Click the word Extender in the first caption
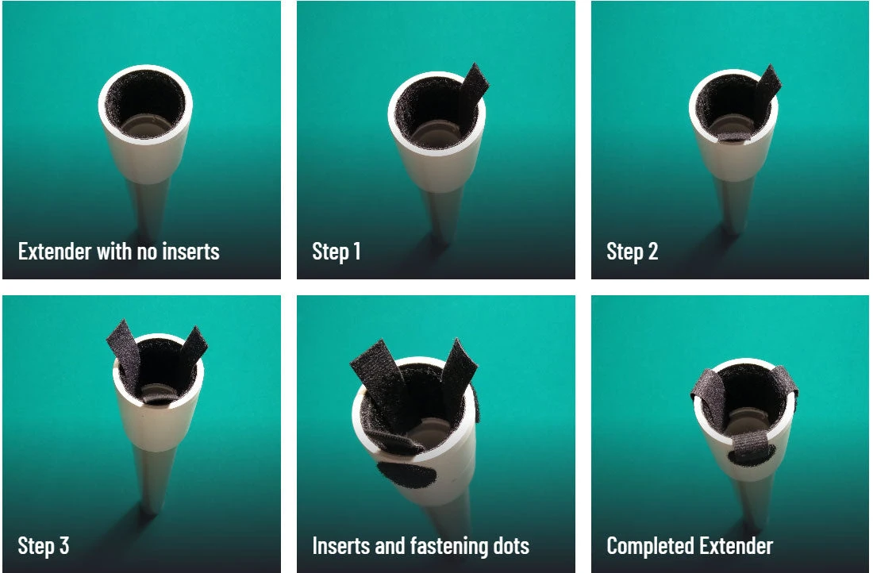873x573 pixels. (55, 251)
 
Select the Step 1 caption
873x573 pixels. (337, 252)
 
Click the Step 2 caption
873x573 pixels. (632, 252)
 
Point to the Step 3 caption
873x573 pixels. (44, 546)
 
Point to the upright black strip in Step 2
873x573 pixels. (767, 88)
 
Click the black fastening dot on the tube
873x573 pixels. (406, 475)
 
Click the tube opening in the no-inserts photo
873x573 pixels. (145, 104)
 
